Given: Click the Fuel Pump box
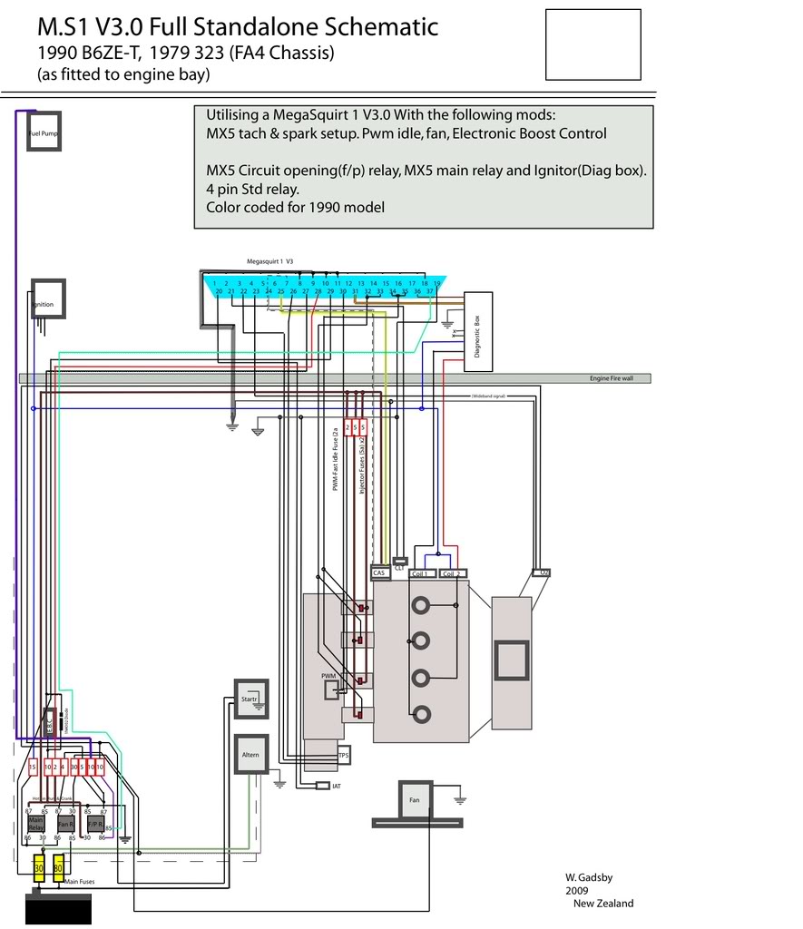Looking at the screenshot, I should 44,132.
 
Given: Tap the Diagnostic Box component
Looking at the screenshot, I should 478,331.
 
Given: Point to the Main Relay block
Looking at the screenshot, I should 35,824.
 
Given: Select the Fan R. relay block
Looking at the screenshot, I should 65,824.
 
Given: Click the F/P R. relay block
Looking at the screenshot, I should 93,824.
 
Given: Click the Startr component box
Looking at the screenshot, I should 251,699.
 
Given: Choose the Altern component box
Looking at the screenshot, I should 251,754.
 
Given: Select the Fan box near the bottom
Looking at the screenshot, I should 415,799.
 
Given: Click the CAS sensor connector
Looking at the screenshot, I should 379,573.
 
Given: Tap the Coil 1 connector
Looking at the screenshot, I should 420,573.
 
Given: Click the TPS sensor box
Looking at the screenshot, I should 343,755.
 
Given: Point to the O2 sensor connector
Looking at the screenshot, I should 542,572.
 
